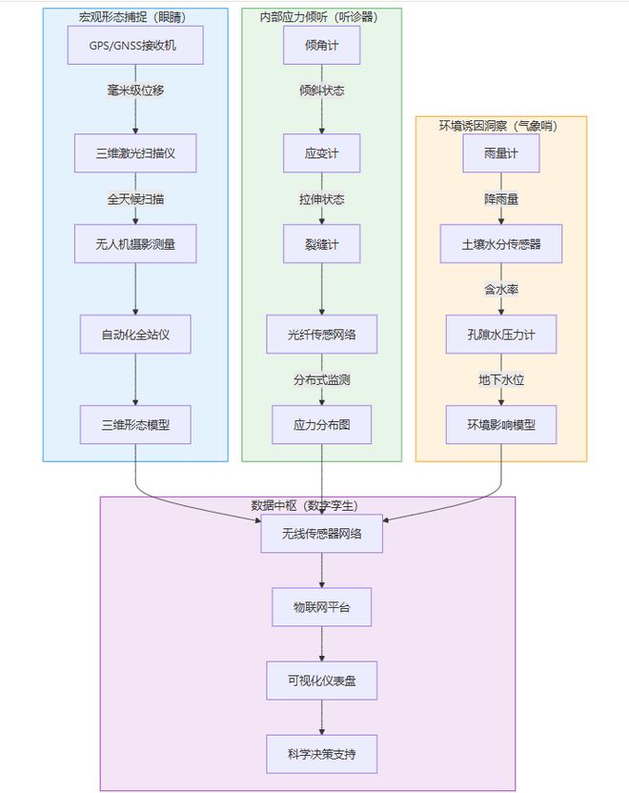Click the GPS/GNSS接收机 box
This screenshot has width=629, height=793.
click(x=135, y=45)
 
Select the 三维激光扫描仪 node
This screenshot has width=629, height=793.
click(x=135, y=152)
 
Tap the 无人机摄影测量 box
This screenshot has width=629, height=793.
click(x=135, y=243)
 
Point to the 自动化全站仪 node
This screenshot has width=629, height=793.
click(x=135, y=334)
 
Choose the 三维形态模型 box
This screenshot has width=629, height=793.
click(x=135, y=424)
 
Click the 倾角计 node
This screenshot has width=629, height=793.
click(x=321, y=45)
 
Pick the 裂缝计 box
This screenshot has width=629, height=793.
click(x=321, y=243)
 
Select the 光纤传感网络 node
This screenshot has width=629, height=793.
click(x=321, y=334)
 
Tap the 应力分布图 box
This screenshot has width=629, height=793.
click(x=321, y=424)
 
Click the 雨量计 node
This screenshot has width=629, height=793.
click(x=501, y=152)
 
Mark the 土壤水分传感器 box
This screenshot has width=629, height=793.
click(x=501, y=243)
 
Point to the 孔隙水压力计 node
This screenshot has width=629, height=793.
click(x=501, y=334)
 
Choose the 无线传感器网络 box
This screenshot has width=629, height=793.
click(x=321, y=533)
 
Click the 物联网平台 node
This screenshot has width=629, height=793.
click(x=321, y=606)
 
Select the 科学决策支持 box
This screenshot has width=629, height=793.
click(x=321, y=753)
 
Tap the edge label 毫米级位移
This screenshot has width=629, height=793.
click(x=135, y=91)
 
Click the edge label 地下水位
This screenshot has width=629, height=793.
click(x=501, y=379)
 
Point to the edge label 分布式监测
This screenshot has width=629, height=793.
click(x=321, y=379)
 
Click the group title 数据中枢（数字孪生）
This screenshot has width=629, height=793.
click(x=304, y=505)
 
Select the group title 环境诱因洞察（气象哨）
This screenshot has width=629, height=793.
click(x=500, y=125)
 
